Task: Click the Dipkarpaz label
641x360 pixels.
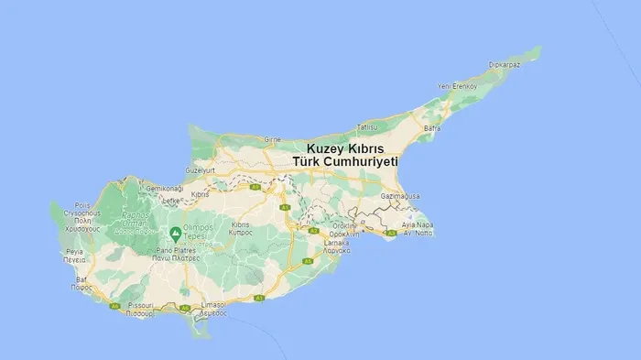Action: coord(505,64)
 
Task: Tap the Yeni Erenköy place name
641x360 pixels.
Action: coord(458,86)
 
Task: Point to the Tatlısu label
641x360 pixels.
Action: coord(367,126)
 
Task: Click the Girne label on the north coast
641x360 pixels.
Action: coord(273,140)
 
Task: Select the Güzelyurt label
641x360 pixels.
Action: coord(201,170)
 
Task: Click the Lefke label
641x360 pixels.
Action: coord(172,199)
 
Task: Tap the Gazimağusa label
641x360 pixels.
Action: coord(399,196)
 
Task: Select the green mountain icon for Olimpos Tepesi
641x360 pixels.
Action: coord(174,233)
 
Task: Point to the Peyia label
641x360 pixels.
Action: coord(75,250)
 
